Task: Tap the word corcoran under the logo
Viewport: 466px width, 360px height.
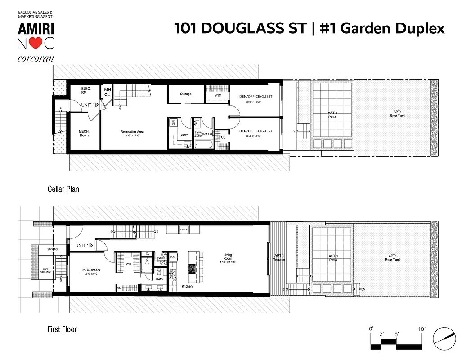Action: coord(36,58)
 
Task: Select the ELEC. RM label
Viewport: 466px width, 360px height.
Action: coord(86,90)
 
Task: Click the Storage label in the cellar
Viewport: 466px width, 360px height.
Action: coord(185,94)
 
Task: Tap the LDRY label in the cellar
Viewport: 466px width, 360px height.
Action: coord(184,135)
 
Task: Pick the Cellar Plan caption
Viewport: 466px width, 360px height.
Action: coord(63,189)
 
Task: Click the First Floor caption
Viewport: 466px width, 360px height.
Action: coord(62,329)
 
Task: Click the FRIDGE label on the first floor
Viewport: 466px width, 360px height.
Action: coord(184,230)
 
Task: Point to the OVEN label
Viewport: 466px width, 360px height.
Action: coord(173,257)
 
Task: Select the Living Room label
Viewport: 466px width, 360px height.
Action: coord(228,257)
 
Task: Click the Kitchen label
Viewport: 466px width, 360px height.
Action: coord(188,286)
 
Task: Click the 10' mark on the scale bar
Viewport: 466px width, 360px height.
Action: coord(422,329)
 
